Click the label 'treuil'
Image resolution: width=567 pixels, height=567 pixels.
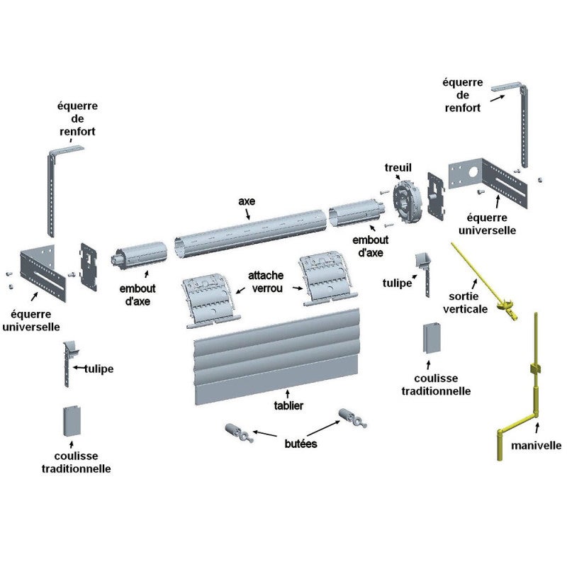pos(398,167)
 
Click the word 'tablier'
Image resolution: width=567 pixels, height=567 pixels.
pos(288,405)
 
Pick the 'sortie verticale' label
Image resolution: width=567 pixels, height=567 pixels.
pos(465,303)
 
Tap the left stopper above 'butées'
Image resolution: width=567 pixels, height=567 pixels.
pos(237,431)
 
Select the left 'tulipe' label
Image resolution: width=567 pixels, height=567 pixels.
pos(99,369)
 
